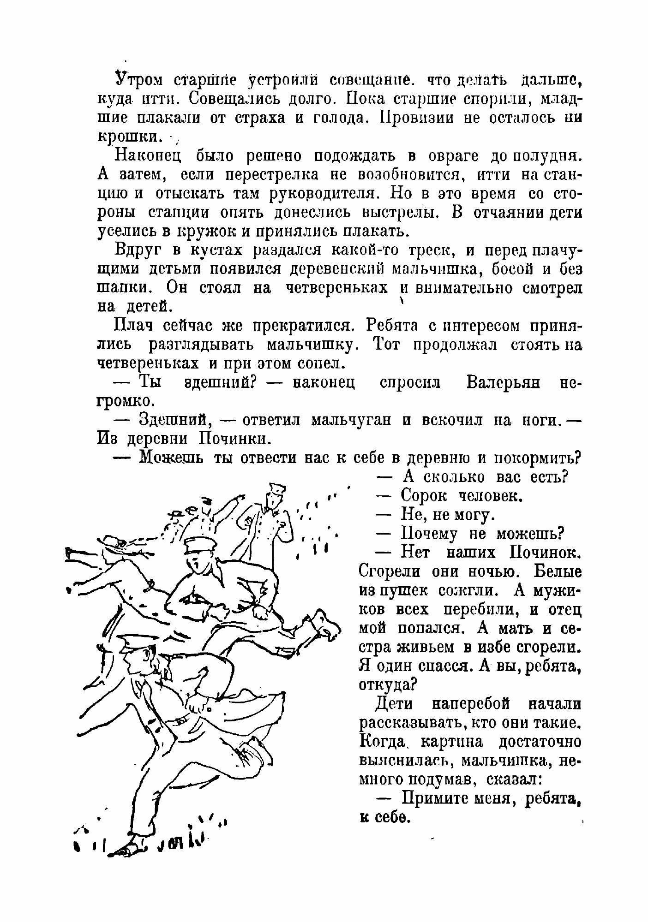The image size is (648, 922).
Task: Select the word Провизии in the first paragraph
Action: click(x=417, y=118)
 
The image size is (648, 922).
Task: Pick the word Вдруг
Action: click(x=137, y=251)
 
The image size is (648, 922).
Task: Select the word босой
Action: click(x=516, y=269)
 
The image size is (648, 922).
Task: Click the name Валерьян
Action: click(x=503, y=383)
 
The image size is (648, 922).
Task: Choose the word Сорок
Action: click(x=424, y=496)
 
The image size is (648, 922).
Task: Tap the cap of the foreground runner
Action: click(x=138, y=642)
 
